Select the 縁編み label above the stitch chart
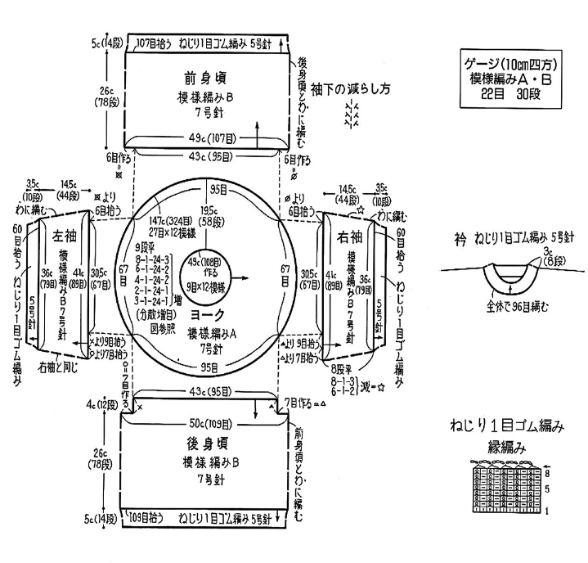click(x=505, y=447)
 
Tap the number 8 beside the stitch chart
click(x=547, y=472)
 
